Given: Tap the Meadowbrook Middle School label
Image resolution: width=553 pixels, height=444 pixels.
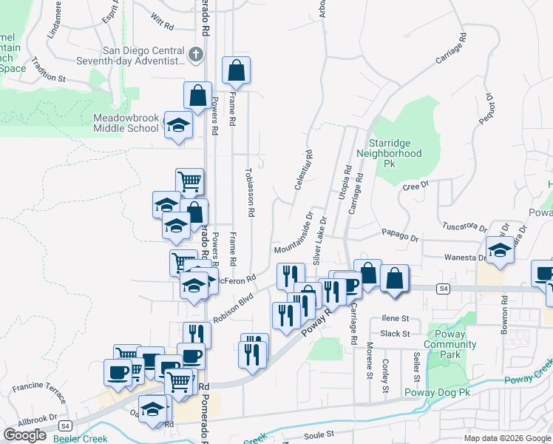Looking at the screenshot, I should coord(126,122).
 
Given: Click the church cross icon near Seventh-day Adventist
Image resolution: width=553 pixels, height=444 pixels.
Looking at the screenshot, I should coord(196,55).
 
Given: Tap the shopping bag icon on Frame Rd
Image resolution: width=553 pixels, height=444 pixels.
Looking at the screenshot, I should coord(236,71).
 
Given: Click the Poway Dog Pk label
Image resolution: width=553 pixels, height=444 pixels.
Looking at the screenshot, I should coord(438,392).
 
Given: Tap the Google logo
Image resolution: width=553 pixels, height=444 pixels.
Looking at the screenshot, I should coord(24,435).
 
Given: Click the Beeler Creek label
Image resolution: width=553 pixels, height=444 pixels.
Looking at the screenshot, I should coord(79,438).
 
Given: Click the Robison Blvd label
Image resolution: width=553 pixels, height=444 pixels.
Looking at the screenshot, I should coord(233,309).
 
